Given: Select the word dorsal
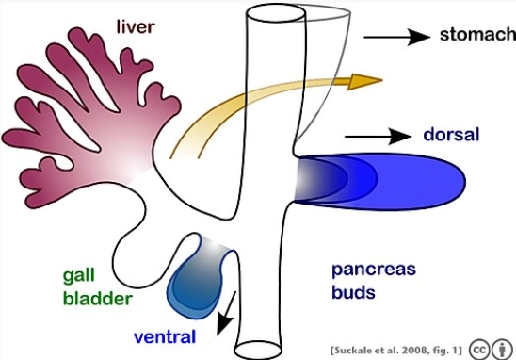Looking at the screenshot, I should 450,134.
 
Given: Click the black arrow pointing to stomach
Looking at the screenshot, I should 395,37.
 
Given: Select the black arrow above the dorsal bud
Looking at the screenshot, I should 377,136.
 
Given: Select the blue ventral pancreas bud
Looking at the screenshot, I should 196,278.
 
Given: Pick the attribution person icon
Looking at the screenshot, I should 500,347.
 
